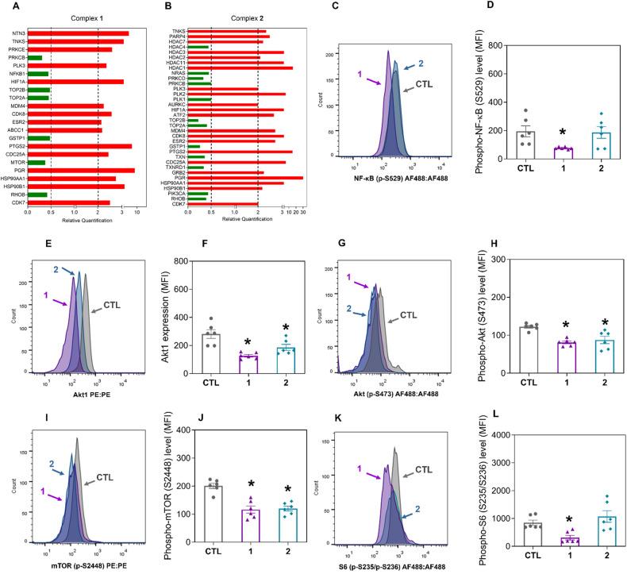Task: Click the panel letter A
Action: coord(6,6)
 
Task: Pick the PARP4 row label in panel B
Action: coord(177,36)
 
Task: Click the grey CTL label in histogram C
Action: coord(424,83)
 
